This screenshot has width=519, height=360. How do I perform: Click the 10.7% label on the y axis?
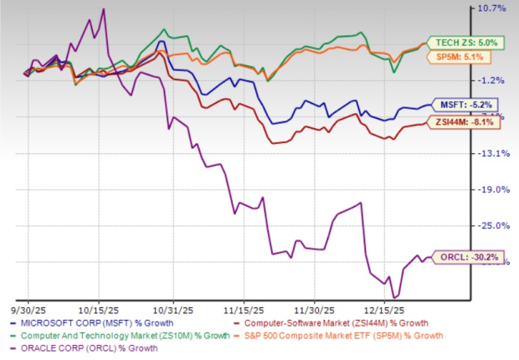point(493,8)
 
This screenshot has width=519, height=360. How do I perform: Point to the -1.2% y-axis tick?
point(493,80)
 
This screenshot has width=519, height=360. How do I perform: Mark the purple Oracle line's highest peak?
point(103,9)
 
